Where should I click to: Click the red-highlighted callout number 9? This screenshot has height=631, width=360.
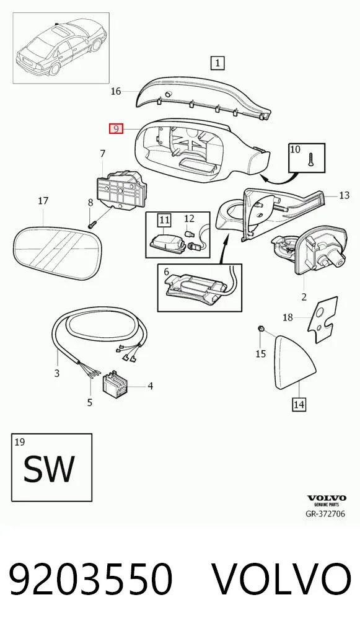116,129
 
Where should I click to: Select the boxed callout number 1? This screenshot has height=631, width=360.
217,63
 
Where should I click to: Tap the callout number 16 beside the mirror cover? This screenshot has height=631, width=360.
116,91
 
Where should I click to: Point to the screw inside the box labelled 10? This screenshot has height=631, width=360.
310,160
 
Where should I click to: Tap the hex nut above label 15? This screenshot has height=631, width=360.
260,330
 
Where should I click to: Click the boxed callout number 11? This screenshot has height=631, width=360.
164,219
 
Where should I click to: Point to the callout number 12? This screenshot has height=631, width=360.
189,219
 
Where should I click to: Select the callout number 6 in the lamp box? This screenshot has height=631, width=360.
167,273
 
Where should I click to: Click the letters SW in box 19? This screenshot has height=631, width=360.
49,469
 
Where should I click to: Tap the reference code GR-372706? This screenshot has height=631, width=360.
325,513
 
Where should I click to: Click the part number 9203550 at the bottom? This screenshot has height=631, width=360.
91,579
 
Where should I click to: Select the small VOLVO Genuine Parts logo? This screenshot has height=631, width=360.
327,500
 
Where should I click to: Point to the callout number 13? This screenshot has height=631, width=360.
345,196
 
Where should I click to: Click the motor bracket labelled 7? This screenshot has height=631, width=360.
121,188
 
